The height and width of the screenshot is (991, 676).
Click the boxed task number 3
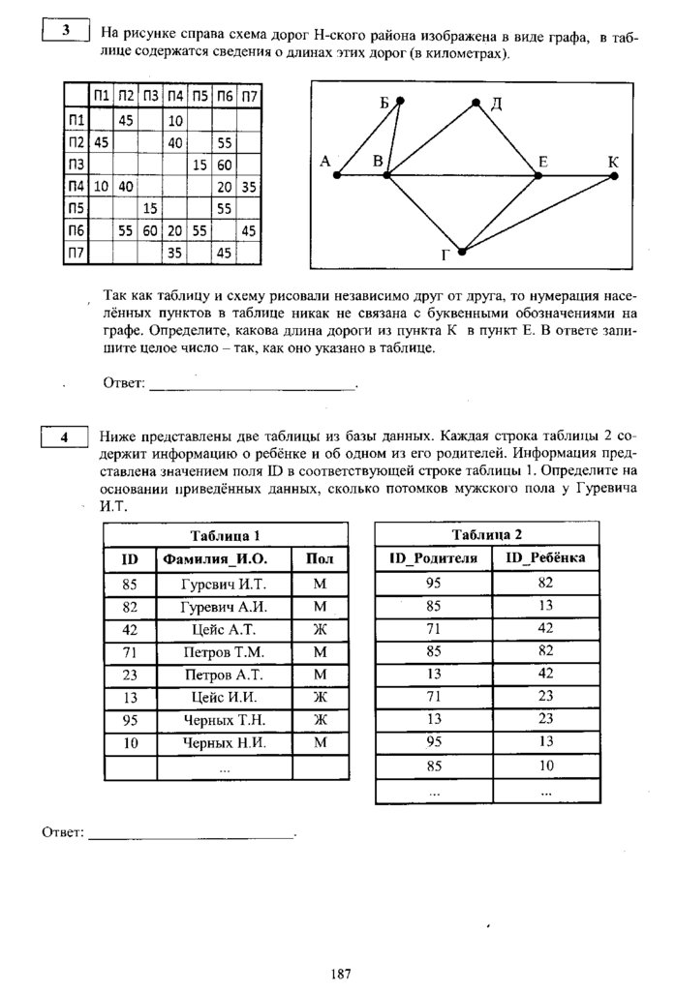[66, 31]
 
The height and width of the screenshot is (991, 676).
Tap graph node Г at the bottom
[462, 252]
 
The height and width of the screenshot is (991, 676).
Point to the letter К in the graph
[613, 161]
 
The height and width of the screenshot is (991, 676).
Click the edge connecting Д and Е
[507, 138]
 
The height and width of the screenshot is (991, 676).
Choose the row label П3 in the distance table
[77, 165]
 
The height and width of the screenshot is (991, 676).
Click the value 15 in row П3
[200, 165]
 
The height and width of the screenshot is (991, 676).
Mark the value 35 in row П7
[175, 253]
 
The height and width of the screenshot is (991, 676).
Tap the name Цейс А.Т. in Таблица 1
[224, 629]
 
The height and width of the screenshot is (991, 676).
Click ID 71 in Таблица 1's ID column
[131, 652]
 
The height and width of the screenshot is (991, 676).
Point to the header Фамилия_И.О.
[224, 559]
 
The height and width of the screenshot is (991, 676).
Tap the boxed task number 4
[66, 436]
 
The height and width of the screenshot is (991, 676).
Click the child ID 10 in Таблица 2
[546, 766]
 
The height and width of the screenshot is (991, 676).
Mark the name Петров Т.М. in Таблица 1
[224, 652]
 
